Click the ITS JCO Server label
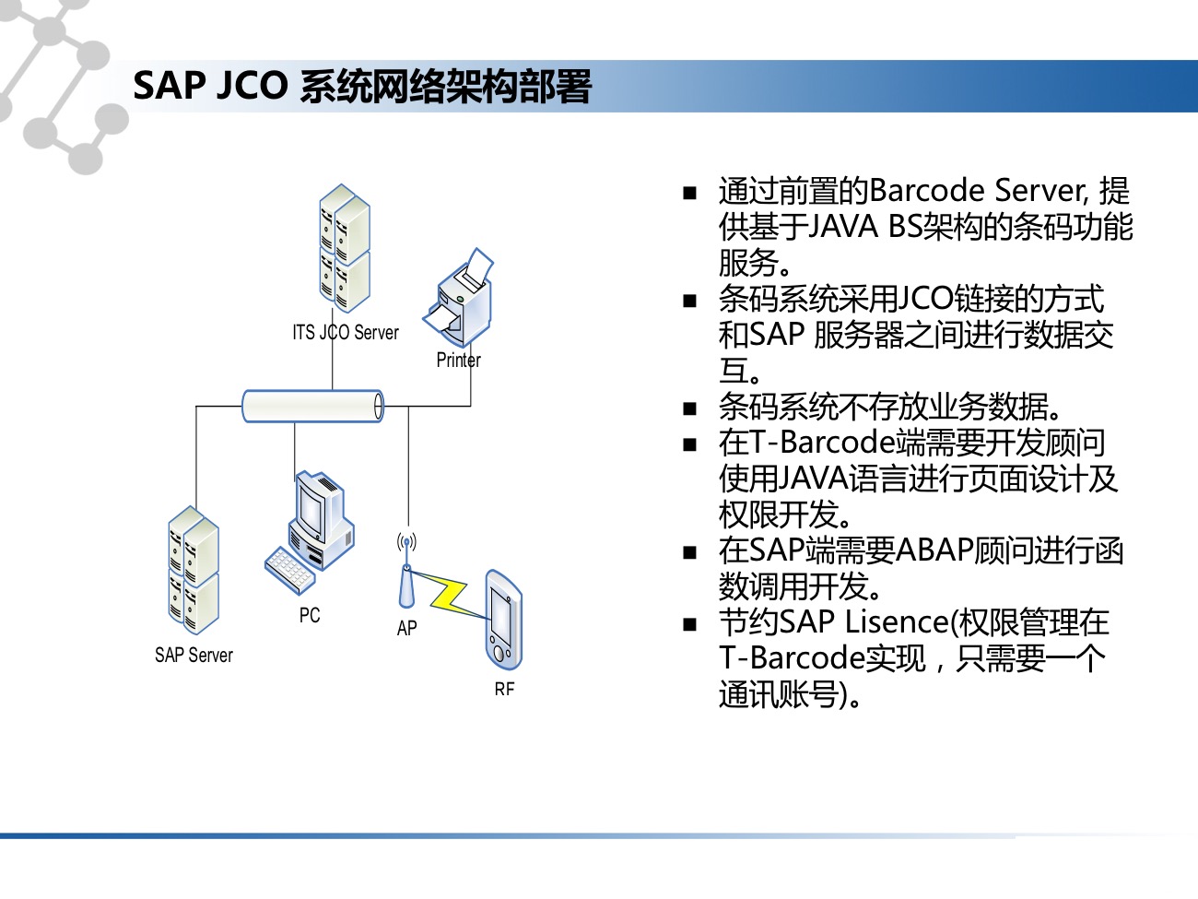pos(346,333)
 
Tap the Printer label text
pos(458,361)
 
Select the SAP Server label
pos(194,655)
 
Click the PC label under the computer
pos(310,615)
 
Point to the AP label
pos(406,628)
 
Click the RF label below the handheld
pos(504,689)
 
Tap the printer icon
pos(459,298)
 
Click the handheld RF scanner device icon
pos(503,620)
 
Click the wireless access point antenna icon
pos(406,571)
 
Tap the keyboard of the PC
pos(289,571)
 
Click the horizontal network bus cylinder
pos(312,406)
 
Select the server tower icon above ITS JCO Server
pos(345,248)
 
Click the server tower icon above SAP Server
pos(194,570)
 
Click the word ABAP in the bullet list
pos(935,550)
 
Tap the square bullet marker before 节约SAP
pos(690,624)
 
